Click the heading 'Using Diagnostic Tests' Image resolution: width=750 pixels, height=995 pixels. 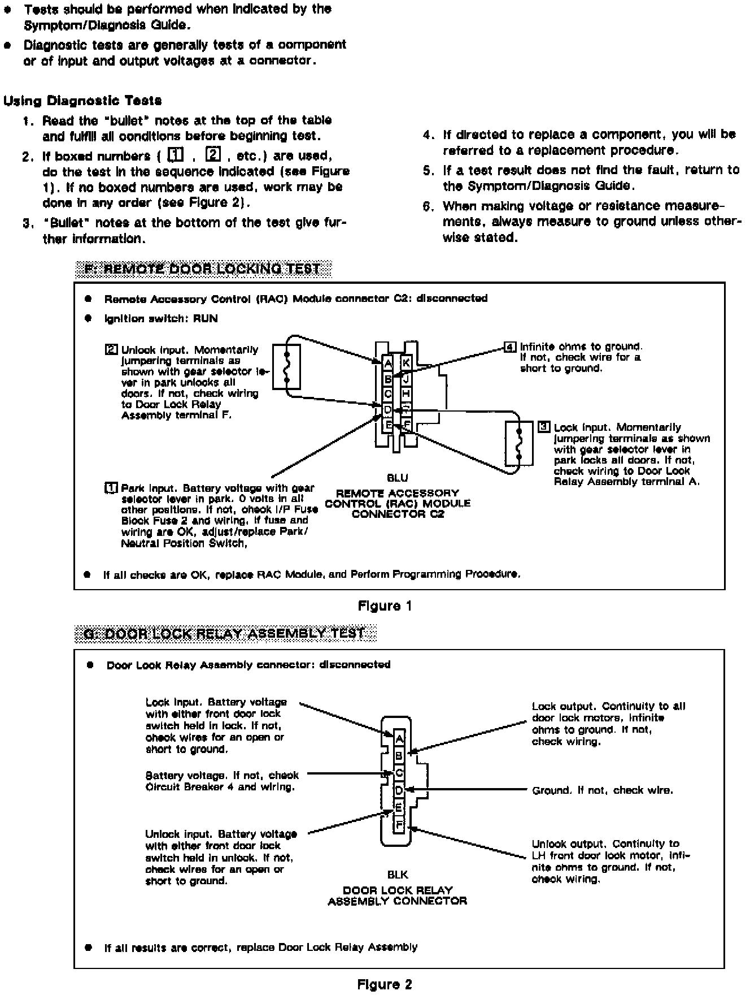click(82, 101)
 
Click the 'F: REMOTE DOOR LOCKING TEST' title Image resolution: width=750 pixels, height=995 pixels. click(202, 269)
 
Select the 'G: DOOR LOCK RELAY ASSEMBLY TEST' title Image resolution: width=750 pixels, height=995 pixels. click(224, 634)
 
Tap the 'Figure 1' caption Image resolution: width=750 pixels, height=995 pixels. click(385, 606)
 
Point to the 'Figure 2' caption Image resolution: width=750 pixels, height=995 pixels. click(385, 984)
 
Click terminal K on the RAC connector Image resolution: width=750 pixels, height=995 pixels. click(406, 363)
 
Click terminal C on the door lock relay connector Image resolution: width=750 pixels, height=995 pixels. click(399, 772)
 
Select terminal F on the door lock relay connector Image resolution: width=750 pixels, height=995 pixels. click(399, 824)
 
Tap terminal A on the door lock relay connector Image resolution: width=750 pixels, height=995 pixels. click(399, 738)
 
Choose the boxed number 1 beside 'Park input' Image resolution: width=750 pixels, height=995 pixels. click(111, 488)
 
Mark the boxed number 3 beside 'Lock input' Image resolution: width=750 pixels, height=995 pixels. click(544, 427)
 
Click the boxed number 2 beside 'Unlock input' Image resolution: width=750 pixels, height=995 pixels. click(111, 349)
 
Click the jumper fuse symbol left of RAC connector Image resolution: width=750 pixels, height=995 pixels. click(287, 366)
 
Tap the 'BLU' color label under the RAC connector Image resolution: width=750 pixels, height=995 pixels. click(397, 478)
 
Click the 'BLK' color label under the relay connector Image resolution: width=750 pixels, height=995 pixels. click(398, 875)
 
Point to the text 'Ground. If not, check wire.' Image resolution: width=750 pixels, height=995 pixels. click(603, 790)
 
